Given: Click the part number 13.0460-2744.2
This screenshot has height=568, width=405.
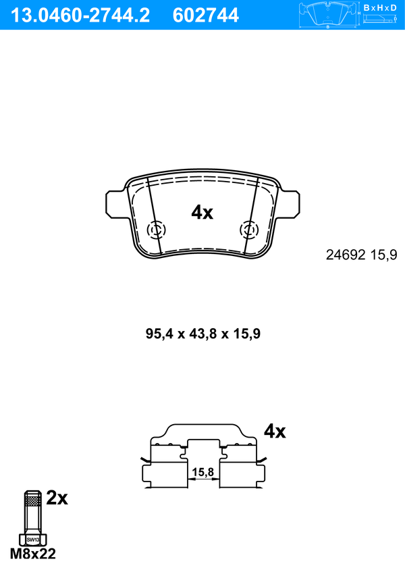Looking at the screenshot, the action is [x=80, y=16].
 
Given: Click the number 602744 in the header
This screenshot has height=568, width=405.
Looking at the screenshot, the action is [x=206, y=16].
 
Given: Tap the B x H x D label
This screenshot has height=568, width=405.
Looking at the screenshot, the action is [x=380, y=7].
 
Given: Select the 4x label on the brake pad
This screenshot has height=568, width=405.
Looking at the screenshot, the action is [x=202, y=212].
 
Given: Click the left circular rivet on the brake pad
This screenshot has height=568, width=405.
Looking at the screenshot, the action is [x=156, y=230].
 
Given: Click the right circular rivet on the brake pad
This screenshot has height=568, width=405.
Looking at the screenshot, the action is [x=249, y=230].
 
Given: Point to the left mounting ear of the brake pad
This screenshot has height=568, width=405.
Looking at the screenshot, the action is [x=116, y=205].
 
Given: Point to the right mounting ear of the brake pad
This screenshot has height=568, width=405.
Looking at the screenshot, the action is [x=290, y=205].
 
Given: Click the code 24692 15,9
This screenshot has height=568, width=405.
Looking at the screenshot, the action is [x=361, y=255].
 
